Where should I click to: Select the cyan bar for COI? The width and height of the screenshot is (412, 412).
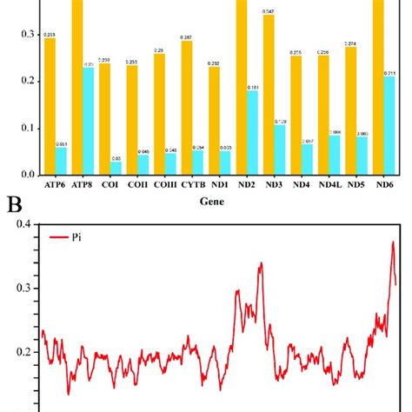point(116,168)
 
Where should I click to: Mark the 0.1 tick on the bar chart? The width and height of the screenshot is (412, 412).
point(27,128)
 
